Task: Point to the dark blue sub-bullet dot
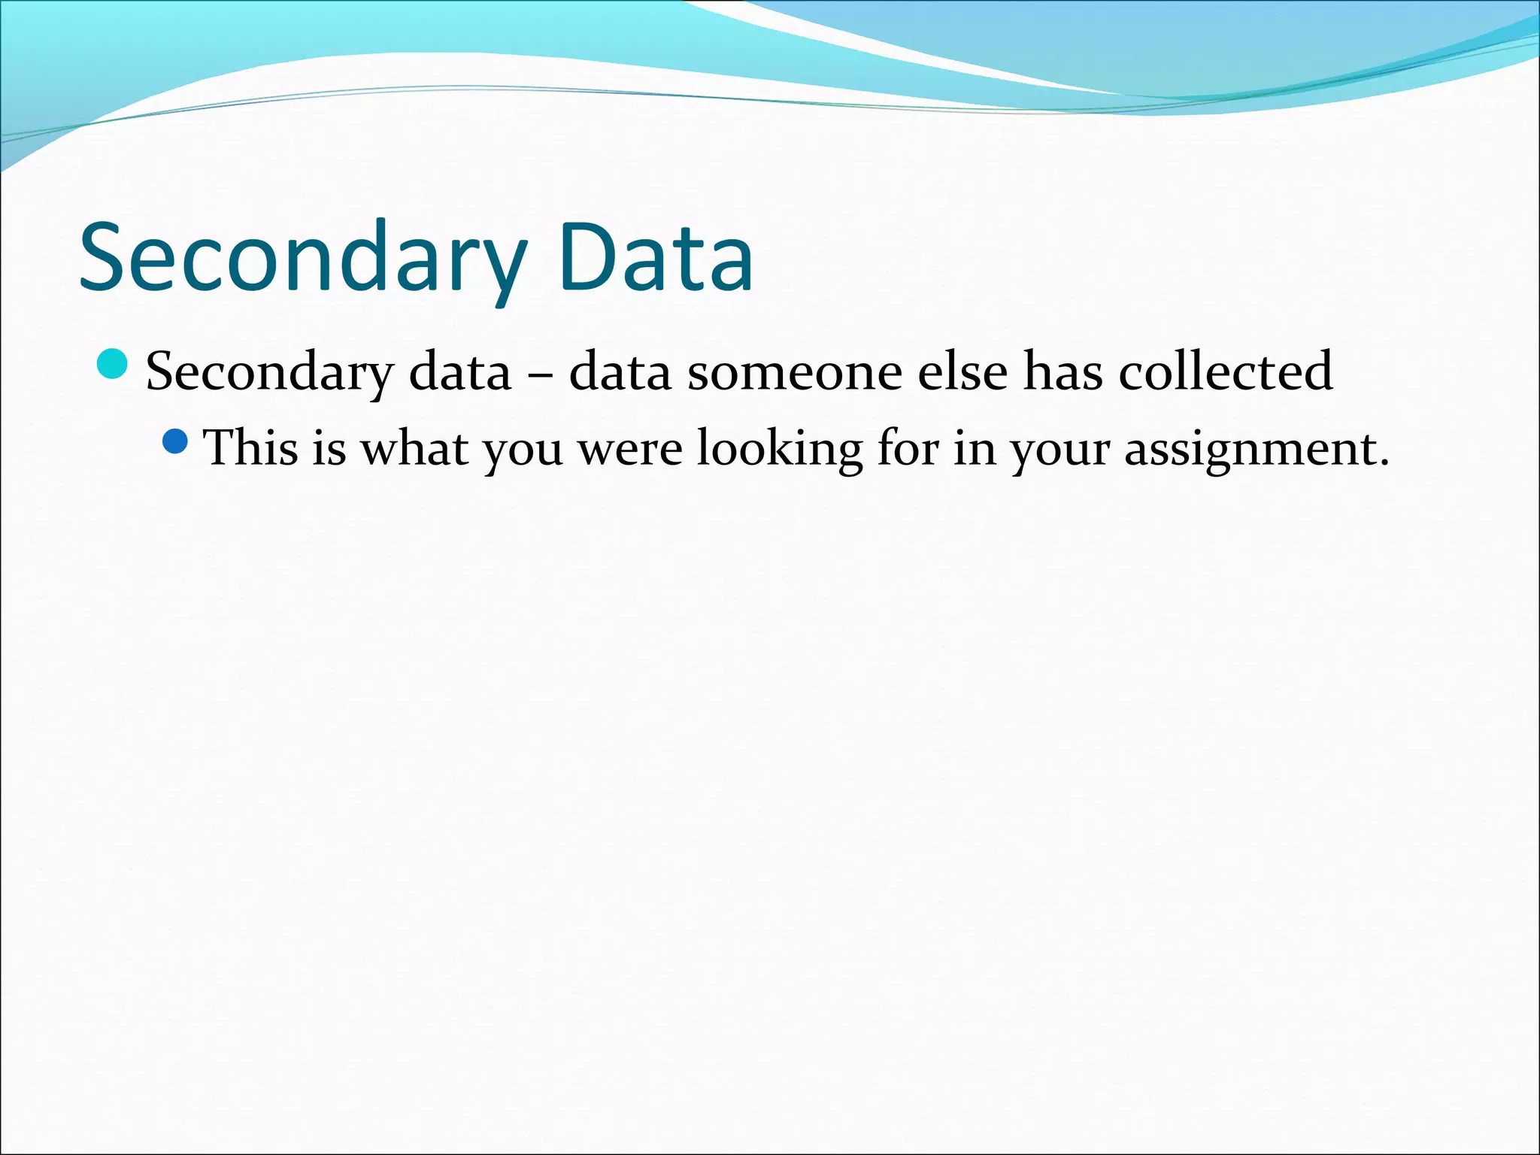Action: [x=174, y=441]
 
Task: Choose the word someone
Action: [x=794, y=372]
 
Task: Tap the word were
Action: [x=630, y=449]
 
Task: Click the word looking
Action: [x=779, y=449]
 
